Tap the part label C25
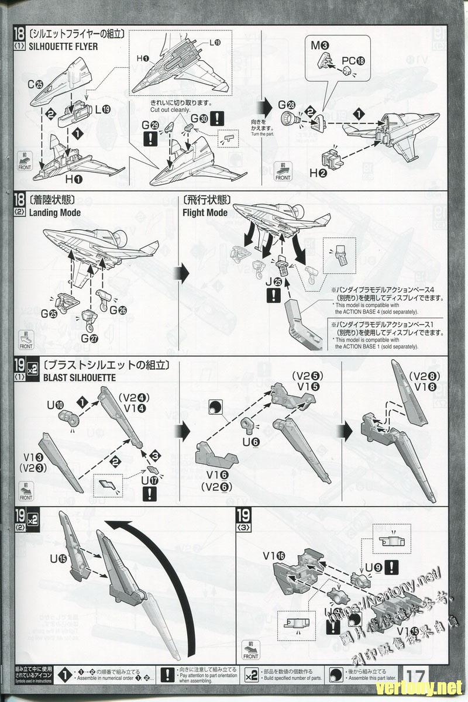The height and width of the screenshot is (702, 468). tap(35, 84)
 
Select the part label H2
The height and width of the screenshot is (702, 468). tap(318, 173)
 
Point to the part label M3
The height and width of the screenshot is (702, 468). tap(319, 44)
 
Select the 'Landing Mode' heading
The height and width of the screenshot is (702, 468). tap(55, 212)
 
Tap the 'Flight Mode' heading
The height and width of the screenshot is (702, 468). tap(205, 212)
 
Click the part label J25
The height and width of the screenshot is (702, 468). tap(273, 281)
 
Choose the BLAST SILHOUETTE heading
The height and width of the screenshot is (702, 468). tap(79, 377)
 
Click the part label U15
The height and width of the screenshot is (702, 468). tap(58, 559)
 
